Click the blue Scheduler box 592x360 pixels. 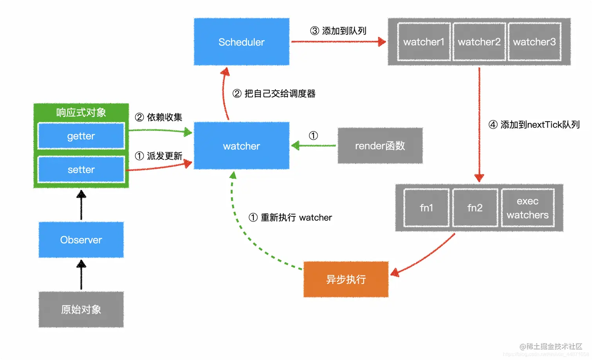click(242, 42)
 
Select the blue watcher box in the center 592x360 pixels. click(242, 146)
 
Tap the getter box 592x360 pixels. click(81, 136)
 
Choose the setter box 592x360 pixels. click(81, 169)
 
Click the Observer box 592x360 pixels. click(81, 240)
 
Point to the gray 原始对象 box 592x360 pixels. click(81, 310)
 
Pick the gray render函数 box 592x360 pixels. click(380, 146)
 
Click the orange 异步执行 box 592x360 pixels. click(346, 279)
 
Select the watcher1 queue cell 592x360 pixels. click(424, 42)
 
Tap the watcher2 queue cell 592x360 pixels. click(479, 42)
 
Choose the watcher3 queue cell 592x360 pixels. click(534, 42)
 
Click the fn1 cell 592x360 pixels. click(426, 208)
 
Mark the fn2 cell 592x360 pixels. click(475, 208)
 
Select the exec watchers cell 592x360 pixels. click(528, 208)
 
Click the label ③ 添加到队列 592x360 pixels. click(338, 31)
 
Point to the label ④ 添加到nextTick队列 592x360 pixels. click(534, 125)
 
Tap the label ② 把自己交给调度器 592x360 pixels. click(274, 94)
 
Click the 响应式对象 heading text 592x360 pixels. click(81, 113)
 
